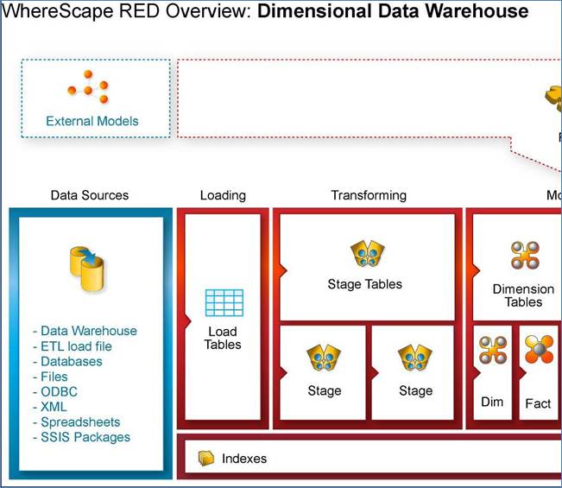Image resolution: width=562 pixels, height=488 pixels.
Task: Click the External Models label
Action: (92, 121)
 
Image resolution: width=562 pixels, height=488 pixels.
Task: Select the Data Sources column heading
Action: (90, 195)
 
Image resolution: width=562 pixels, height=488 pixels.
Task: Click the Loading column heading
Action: (223, 195)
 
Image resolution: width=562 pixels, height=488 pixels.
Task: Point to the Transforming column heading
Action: (369, 195)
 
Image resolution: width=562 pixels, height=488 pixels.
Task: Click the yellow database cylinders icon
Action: (88, 269)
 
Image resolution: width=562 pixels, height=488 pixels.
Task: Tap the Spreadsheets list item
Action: (80, 421)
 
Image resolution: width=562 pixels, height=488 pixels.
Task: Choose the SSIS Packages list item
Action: (85, 437)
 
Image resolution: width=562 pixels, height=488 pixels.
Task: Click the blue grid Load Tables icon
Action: (223, 302)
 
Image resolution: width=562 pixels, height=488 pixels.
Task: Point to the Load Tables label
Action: (223, 338)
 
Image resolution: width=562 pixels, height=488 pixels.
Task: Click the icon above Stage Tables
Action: (365, 254)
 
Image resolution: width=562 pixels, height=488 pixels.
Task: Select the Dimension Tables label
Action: (523, 295)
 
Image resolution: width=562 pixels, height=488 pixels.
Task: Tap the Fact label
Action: (538, 403)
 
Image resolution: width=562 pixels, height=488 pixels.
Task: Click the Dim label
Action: (491, 402)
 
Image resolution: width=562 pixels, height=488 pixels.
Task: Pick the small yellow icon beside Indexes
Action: (205, 458)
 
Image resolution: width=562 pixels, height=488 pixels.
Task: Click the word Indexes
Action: (244, 459)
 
